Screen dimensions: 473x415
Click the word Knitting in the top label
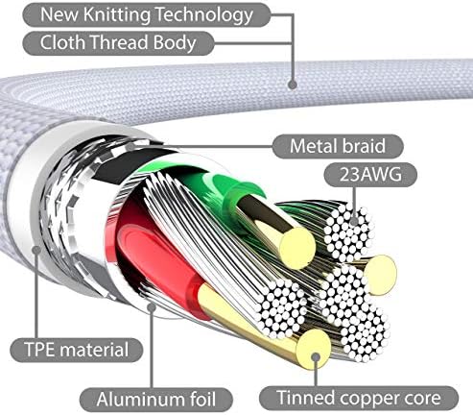[117, 15]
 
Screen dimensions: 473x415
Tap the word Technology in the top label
[203, 15]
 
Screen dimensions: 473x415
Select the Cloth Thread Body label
[118, 43]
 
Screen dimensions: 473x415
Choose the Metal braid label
[338, 146]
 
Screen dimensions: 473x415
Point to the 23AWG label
[370, 175]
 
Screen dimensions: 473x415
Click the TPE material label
[77, 350]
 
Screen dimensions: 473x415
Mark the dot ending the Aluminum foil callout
[152, 307]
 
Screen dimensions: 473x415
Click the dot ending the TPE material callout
[36, 250]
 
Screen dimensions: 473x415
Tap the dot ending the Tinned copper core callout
[316, 357]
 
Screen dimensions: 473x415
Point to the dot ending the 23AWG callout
[354, 221]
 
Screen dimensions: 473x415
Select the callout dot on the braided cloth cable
[293, 85]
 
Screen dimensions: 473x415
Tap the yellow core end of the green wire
[297, 248]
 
